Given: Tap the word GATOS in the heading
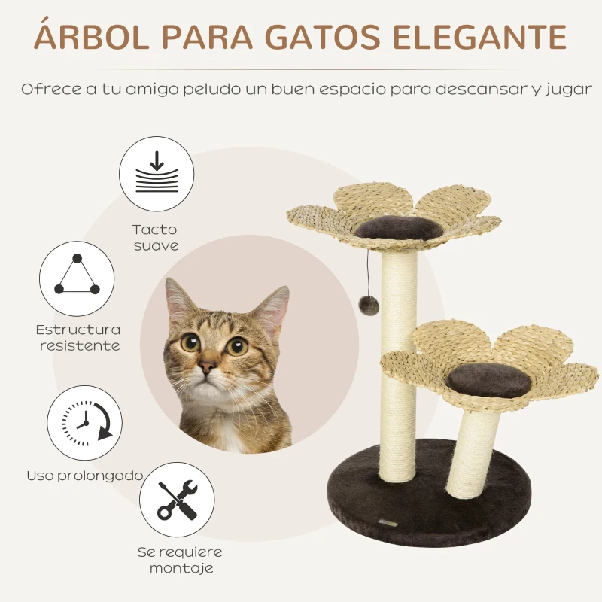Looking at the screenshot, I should point(338,38).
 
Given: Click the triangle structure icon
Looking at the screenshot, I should point(76,278).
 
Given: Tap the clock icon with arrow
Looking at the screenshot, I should point(85,421).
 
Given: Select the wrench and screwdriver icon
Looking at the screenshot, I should point(177,499).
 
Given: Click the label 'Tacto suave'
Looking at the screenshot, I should point(155,237).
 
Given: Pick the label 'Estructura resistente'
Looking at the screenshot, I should point(78,338).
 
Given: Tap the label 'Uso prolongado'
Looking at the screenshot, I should point(85,476).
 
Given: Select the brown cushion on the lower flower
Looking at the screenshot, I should point(487,382).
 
